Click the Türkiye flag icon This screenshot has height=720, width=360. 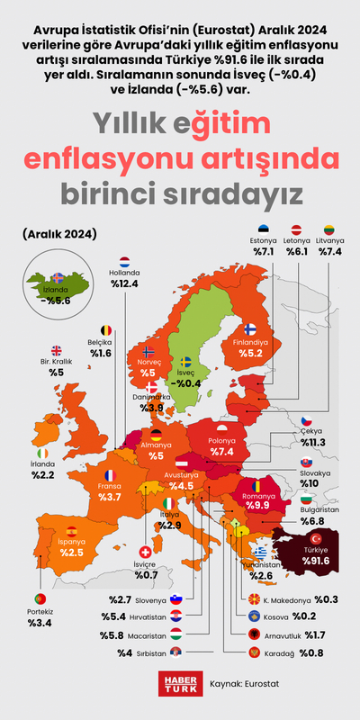[x=316, y=537]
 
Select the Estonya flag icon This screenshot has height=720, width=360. [x=264, y=229]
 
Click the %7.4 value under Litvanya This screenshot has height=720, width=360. [x=330, y=253]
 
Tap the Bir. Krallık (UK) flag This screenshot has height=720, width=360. [x=56, y=352]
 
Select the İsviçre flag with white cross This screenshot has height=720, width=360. [x=146, y=552]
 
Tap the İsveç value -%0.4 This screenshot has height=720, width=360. [x=186, y=382]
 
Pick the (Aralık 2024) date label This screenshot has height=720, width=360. [x=60, y=235]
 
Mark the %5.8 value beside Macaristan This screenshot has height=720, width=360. [x=119, y=635]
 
